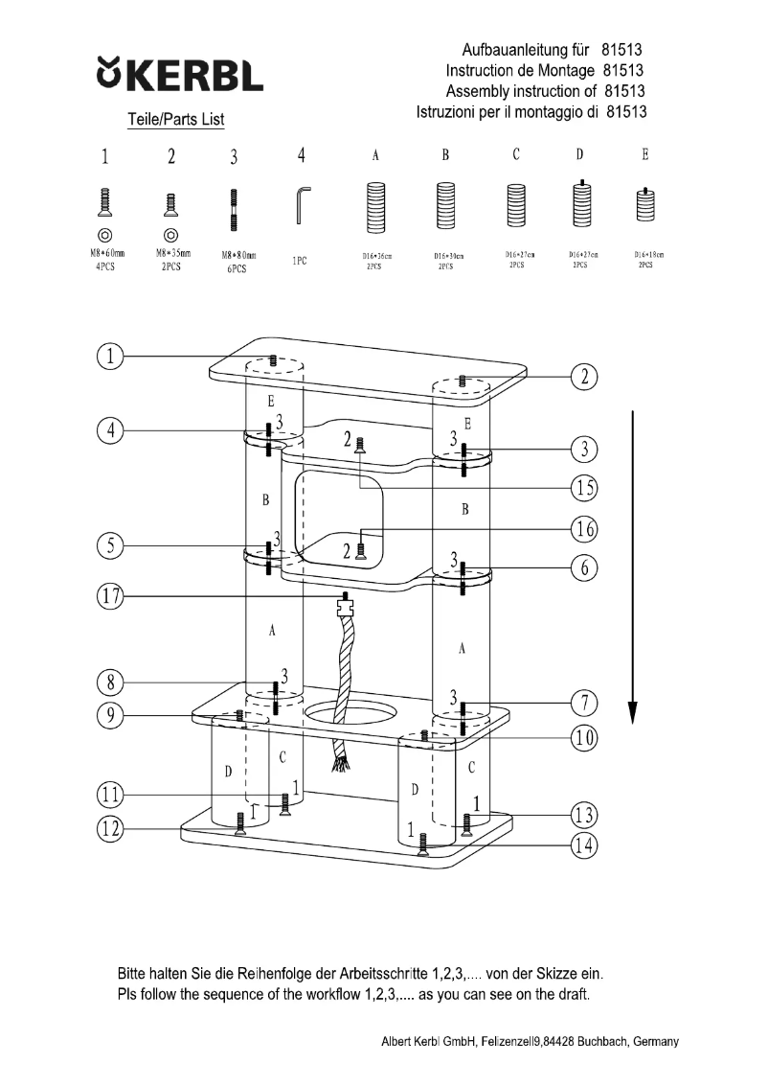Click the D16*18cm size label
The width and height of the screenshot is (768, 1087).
(x=648, y=255)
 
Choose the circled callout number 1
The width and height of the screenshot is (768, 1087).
(x=111, y=357)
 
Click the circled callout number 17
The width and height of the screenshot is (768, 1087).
(x=111, y=597)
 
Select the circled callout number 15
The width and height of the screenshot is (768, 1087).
(x=584, y=488)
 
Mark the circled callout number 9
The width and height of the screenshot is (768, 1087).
(x=111, y=715)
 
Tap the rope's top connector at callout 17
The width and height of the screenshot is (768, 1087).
(x=346, y=607)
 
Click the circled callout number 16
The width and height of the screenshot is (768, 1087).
(x=584, y=528)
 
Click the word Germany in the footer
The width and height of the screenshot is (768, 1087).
(x=654, y=1042)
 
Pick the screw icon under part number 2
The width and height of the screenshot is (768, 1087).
(x=170, y=204)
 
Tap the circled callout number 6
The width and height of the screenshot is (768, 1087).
(x=584, y=567)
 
